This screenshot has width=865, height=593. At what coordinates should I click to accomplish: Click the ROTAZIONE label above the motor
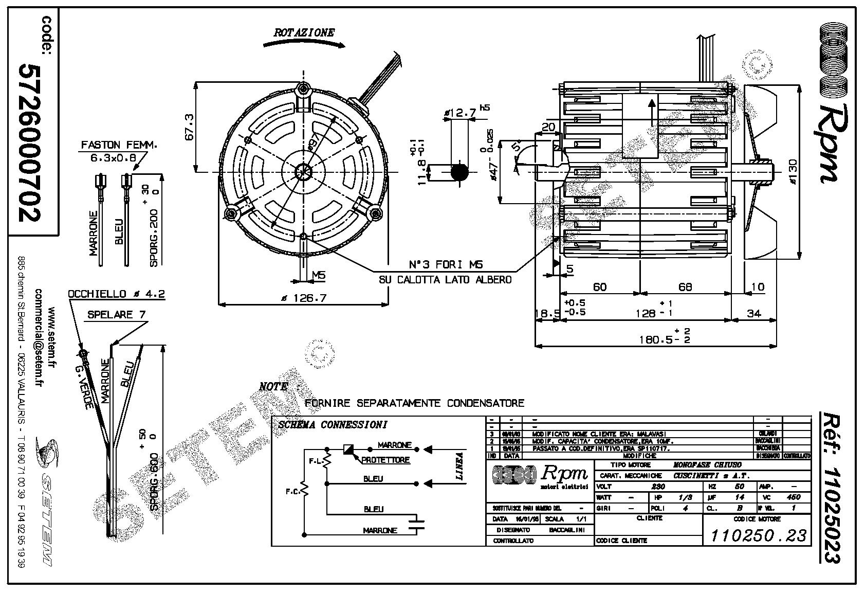[x=304, y=32]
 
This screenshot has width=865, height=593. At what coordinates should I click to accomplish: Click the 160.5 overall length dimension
[x=656, y=339]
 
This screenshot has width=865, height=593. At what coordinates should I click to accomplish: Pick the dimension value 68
[x=685, y=286]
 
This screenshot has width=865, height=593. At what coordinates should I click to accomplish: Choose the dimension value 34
[x=753, y=313]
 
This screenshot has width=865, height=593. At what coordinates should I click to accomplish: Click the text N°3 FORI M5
[x=446, y=264]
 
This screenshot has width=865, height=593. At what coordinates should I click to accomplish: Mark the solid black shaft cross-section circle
[x=459, y=172]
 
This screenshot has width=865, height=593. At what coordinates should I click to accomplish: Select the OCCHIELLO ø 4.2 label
[x=116, y=294]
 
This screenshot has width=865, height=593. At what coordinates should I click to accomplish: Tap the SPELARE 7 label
[x=116, y=314]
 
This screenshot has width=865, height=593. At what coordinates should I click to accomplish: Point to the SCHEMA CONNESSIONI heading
[x=332, y=425]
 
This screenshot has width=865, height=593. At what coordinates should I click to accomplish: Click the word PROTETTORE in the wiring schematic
[x=385, y=460]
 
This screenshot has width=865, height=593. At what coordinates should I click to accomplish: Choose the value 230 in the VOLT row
[x=658, y=486]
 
